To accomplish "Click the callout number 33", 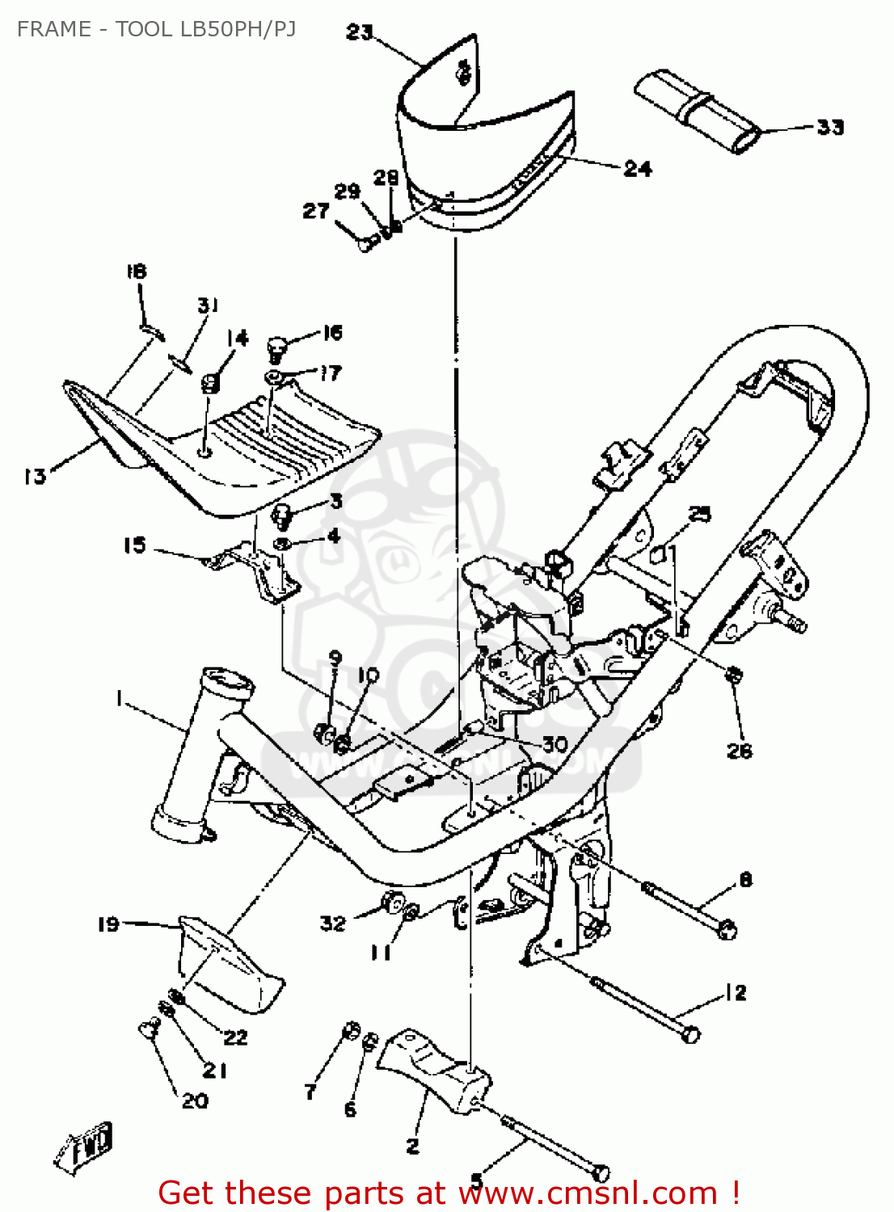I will (x=829, y=127).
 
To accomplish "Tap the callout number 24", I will (x=638, y=168).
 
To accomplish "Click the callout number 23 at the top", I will (x=360, y=32).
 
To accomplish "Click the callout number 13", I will (x=35, y=476).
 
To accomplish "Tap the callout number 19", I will (x=108, y=924).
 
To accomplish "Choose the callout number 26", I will (x=740, y=751).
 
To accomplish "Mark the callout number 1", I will (x=120, y=697).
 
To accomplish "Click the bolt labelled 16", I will (x=277, y=348).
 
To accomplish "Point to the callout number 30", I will (x=555, y=744).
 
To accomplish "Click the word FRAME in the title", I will (x=53, y=29).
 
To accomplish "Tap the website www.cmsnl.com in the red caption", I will (x=588, y=1193).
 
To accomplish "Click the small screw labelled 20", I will (x=148, y=1028).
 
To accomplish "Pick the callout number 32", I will (x=333, y=923).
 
